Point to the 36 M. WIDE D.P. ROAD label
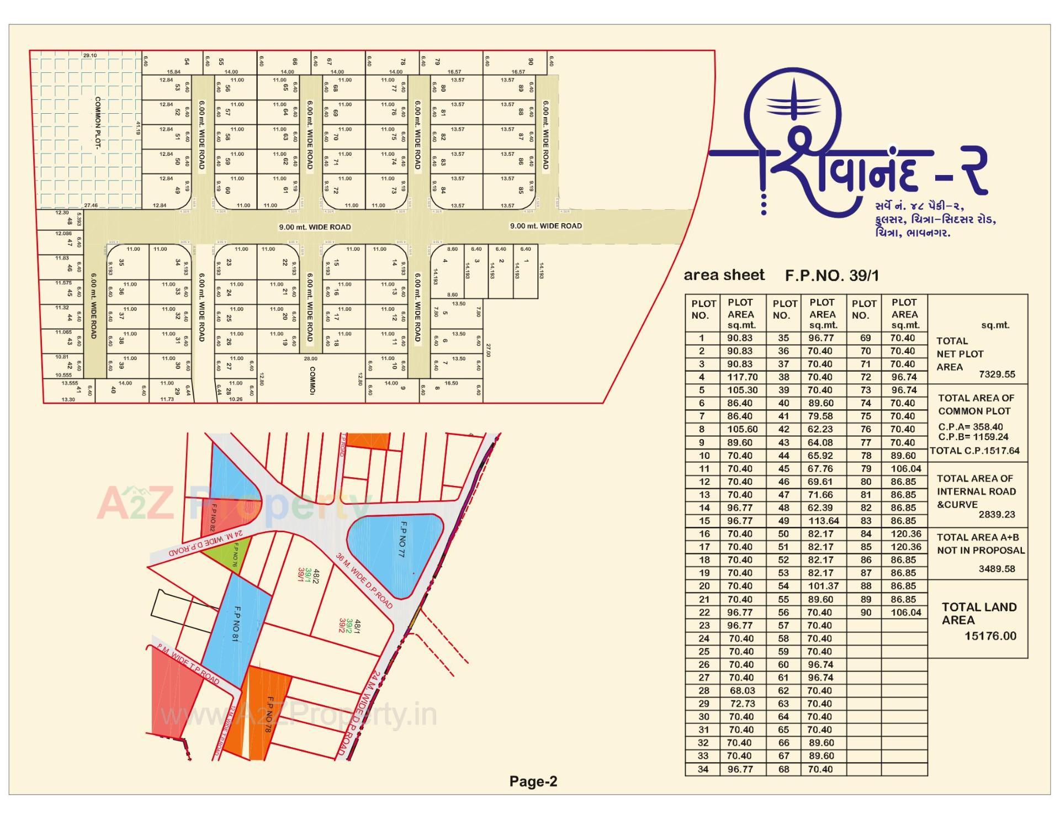pos(364,580)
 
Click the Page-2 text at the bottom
pos(533,781)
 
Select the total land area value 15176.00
pos(990,636)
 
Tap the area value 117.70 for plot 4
pos(742,377)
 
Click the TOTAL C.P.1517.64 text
pos(975,451)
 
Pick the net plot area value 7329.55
pos(997,374)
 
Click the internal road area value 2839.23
pos(997,514)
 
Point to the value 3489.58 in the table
pos(997,569)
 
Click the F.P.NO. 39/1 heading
pos(832,276)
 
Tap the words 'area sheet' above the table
pos(724,275)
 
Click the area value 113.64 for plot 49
pos(824,521)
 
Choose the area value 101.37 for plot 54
pos(824,586)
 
